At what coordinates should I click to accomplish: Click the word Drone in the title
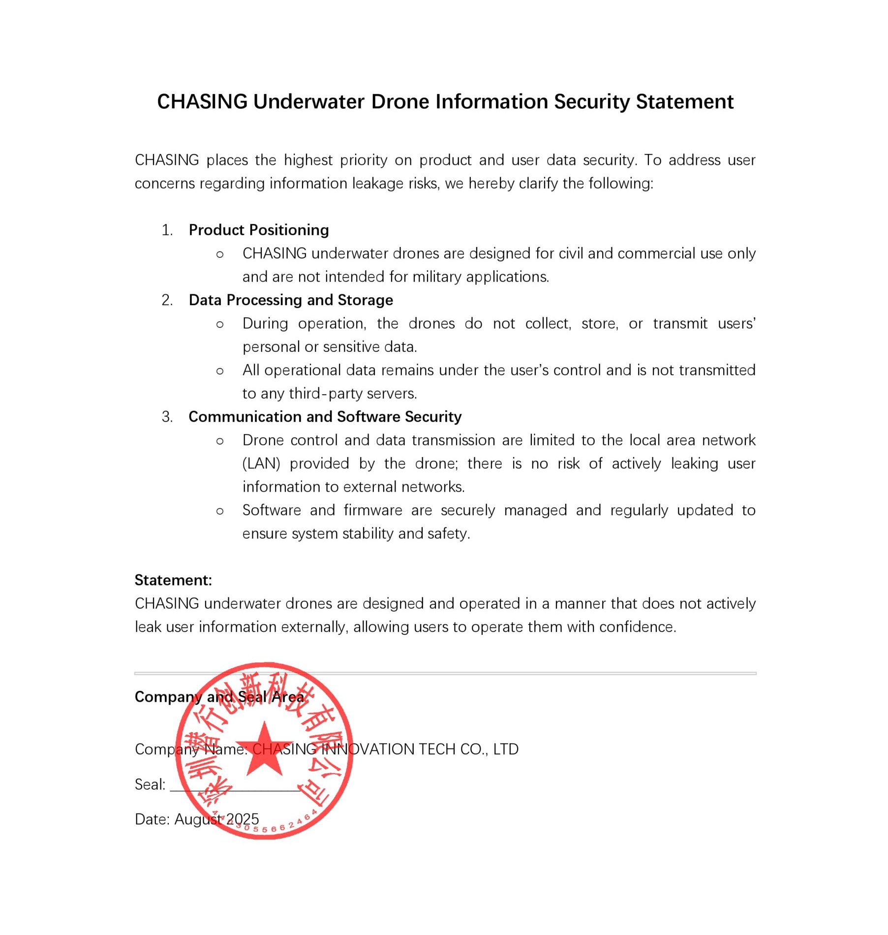pyautogui.click(x=400, y=102)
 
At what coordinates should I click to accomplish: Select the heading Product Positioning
pyautogui.click(x=259, y=230)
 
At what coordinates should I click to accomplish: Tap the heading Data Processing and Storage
pyautogui.click(x=291, y=300)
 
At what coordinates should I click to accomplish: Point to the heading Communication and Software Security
pyautogui.click(x=325, y=417)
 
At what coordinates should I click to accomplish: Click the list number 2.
pyautogui.click(x=167, y=300)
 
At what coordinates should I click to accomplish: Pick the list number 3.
pyautogui.click(x=167, y=417)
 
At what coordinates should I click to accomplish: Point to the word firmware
pyautogui.click(x=373, y=510)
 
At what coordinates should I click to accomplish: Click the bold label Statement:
pyautogui.click(x=173, y=580)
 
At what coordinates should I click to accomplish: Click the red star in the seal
pyautogui.click(x=264, y=751)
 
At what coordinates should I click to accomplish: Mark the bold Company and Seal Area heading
pyautogui.click(x=219, y=697)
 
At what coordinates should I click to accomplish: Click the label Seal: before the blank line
pyautogui.click(x=150, y=784)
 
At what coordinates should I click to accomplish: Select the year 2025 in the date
pyautogui.click(x=242, y=819)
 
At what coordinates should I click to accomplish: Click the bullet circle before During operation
pyautogui.click(x=220, y=324)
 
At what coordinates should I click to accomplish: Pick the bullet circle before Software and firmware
pyautogui.click(x=220, y=511)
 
